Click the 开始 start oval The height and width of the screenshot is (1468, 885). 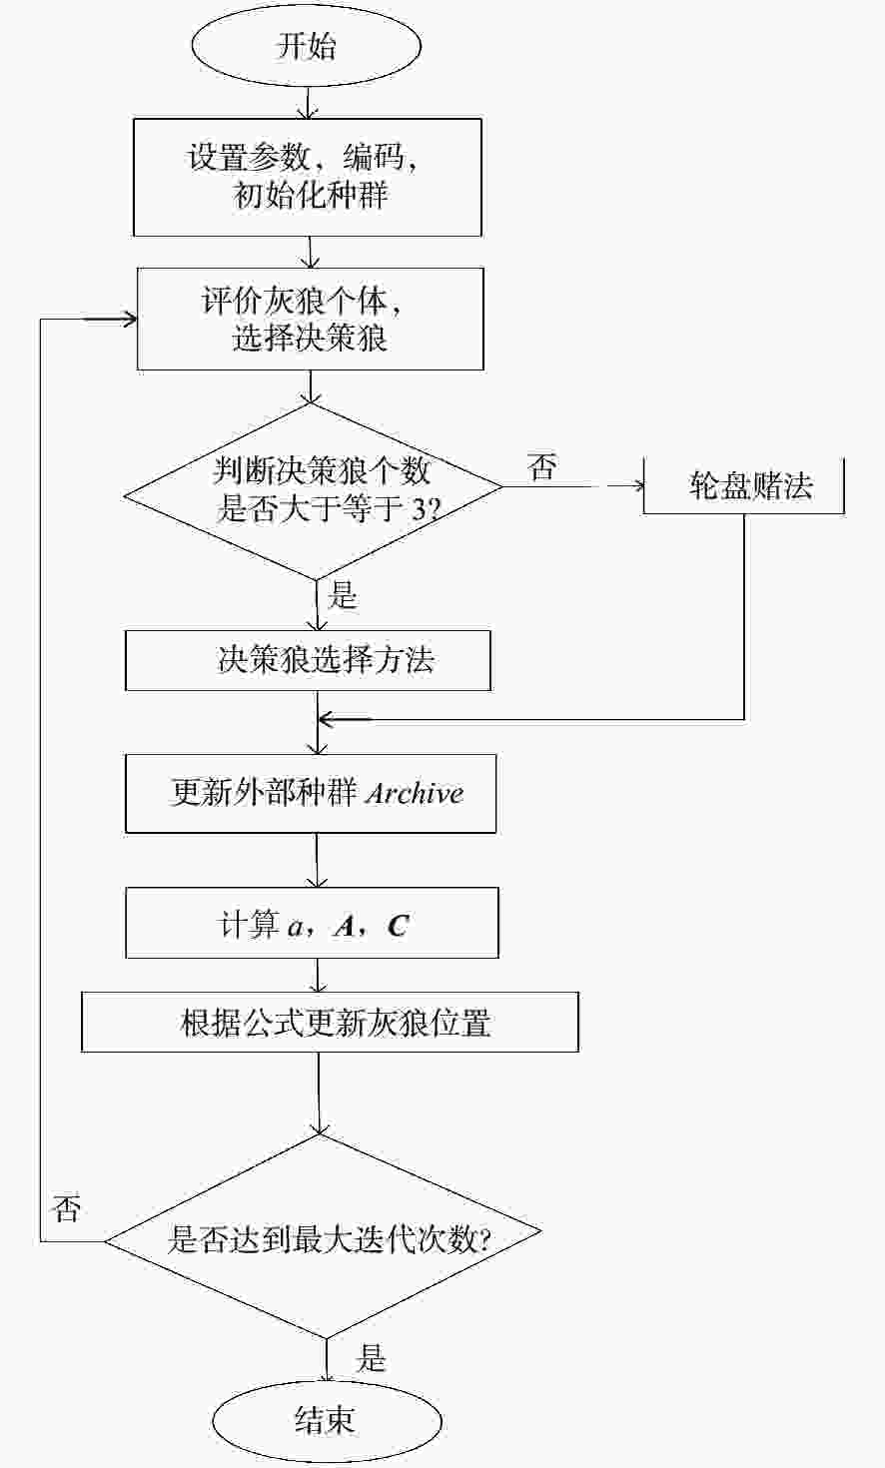306,46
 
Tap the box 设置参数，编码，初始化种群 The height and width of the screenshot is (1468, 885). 308,177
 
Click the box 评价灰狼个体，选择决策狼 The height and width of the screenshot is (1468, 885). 310,319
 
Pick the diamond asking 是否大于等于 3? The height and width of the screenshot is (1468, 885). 314,491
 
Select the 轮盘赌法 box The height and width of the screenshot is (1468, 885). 743,485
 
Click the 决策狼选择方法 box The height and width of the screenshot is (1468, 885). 308,660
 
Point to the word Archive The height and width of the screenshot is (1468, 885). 415,793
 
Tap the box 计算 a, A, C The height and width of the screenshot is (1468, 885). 312,923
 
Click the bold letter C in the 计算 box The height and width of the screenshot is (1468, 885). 398,926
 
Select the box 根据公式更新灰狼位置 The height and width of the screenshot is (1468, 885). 330,1022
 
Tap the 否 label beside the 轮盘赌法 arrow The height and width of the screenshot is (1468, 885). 542,466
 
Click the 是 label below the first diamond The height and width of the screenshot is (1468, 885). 343,595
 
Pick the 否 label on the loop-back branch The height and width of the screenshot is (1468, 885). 67,1207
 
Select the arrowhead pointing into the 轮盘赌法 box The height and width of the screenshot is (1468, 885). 638,485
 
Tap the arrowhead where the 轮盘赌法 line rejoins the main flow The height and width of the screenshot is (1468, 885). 327,720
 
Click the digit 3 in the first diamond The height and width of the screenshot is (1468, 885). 419,509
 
